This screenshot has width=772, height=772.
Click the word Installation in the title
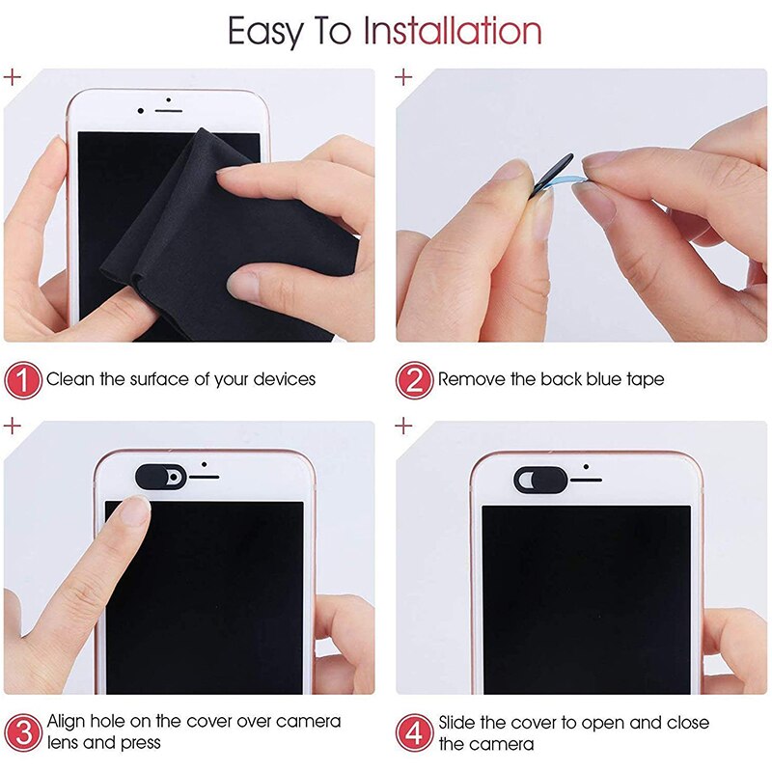pyautogui.click(x=452, y=32)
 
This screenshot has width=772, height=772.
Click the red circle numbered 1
pyautogui.click(x=23, y=380)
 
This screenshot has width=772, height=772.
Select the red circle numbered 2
pyautogui.click(x=414, y=380)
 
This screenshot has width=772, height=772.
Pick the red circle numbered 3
pyautogui.click(x=23, y=731)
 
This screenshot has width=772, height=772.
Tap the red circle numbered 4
pyautogui.click(x=414, y=731)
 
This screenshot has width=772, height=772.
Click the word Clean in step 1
pyautogui.click(x=70, y=380)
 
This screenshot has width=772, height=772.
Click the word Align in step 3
pyautogui.click(x=69, y=722)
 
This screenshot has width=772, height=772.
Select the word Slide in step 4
pyautogui.click(x=460, y=722)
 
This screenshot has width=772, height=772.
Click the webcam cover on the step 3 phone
pyautogui.click(x=159, y=476)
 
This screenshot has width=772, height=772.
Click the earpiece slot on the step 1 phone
pyautogui.click(x=168, y=110)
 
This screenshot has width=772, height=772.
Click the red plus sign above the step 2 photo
pyautogui.click(x=404, y=76)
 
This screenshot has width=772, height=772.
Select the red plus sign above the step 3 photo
pyautogui.click(x=13, y=426)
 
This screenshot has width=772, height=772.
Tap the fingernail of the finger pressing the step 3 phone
pyautogui.click(x=134, y=509)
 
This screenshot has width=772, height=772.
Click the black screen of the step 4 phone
pyautogui.click(x=586, y=598)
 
